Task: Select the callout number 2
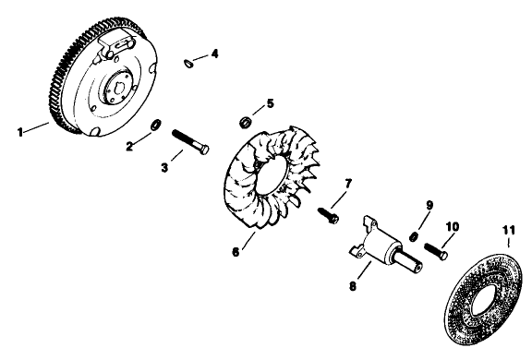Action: [130, 145]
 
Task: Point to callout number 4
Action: [214, 54]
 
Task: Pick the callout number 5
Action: [271, 102]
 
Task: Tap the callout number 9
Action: [429, 205]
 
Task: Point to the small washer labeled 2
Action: [156, 124]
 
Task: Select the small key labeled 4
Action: [189, 63]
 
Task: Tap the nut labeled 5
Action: [245, 120]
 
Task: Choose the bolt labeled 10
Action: [439, 246]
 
